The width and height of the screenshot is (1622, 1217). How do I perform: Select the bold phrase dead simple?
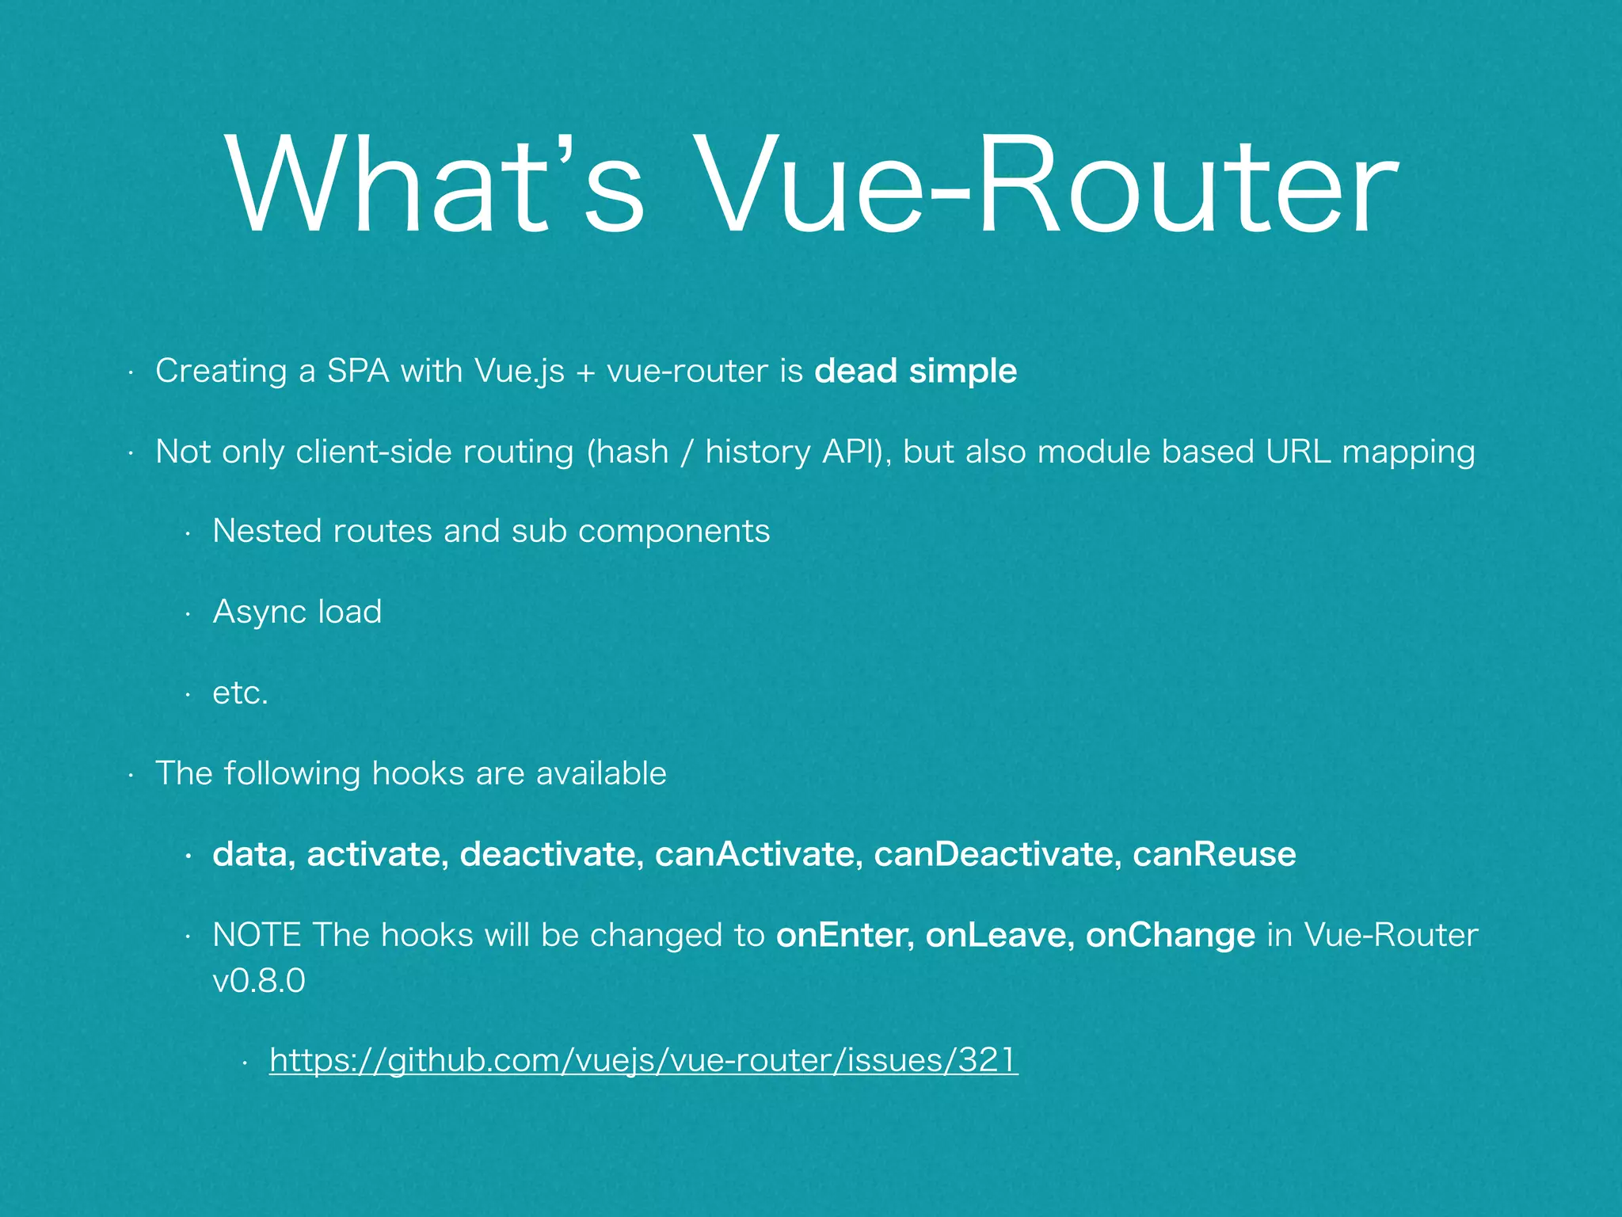click(x=916, y=371)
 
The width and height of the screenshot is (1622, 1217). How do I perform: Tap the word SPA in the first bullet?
click(x=358, y=371)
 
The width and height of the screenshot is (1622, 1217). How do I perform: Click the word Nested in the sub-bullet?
click(x=267, y=531)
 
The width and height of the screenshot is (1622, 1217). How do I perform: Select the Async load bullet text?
click(x=297, y=612)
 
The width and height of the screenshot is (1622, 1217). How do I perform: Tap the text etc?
click(x=241, y=693)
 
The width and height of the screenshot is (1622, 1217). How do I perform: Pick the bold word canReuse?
click(x=1214, y=854)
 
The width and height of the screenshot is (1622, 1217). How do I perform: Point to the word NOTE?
click(x=257, y=935)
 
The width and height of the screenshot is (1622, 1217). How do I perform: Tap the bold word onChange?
click(x=1170, y=936)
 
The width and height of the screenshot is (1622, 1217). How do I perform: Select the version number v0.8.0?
click(x=259, y=982)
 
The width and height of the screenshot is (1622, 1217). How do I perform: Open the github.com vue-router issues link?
click(x=643, y=1060)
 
